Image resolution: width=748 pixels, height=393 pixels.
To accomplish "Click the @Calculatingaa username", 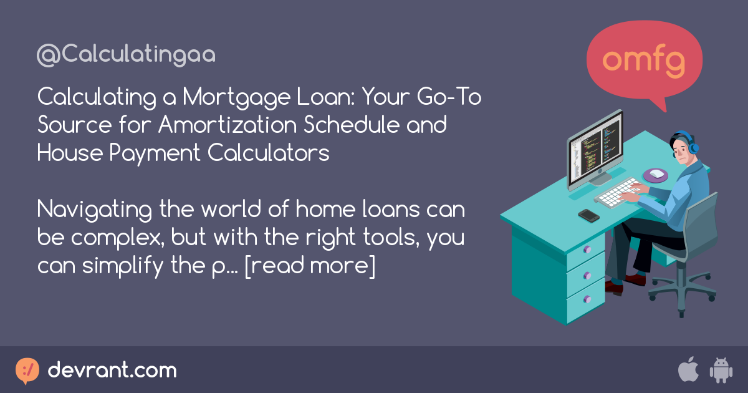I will click(126, 55).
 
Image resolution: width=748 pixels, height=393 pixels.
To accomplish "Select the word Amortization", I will click(229, 125).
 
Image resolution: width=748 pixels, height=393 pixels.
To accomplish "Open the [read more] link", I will click(310, 266).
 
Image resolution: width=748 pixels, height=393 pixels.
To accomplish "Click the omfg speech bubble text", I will click(645, 60).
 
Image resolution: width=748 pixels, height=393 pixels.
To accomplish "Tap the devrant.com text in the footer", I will click(112, 371).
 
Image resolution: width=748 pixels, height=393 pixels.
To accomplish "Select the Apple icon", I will click(688, 370).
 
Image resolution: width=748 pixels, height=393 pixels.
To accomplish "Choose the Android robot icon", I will click(721, 371).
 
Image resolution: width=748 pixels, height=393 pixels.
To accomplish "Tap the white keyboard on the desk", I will click(617, 192).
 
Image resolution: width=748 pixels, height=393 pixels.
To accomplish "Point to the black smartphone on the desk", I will click(588, 215).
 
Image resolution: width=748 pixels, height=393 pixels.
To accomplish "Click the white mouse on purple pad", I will click(656, 174).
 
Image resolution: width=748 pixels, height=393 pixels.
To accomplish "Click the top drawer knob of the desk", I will click(587, 250).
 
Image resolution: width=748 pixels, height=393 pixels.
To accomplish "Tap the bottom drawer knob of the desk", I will click(587, 298).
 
